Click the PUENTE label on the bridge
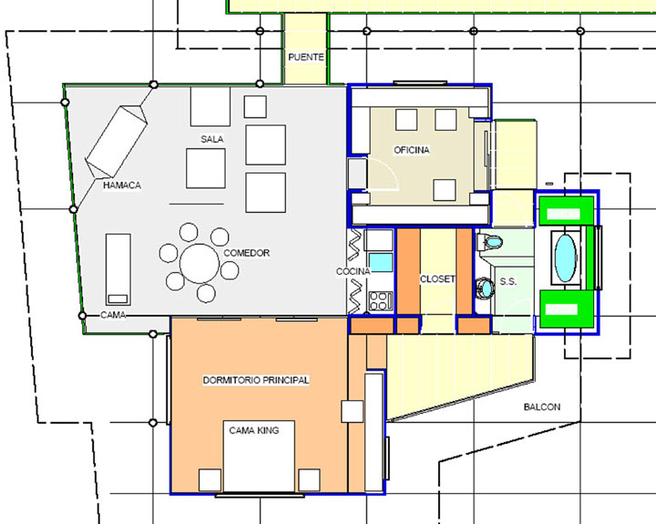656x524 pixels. click(306, 56)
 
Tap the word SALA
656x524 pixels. click(211, 138)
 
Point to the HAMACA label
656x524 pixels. click(122, 185)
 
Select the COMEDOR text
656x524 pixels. click(246, 253)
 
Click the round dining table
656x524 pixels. click(200, 263)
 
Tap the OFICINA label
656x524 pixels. click(411, 149)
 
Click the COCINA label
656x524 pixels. click(354, 271)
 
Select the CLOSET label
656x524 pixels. click(437, 278)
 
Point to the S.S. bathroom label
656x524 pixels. click(507, 282)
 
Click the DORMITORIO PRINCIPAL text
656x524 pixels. click(256, 380)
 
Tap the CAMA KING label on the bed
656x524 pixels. click(253, 430)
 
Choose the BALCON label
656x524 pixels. click(542, 407)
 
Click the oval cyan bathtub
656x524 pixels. click(565, 257)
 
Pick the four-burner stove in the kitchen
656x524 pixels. click(381, 301)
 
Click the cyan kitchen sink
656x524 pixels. click(381, 262)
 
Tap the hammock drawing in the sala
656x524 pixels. click(117, 141)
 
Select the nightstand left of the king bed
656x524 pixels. click(210, 479)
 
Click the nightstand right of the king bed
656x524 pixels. click(309, 479)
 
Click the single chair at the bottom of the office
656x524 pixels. click(445, 190)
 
